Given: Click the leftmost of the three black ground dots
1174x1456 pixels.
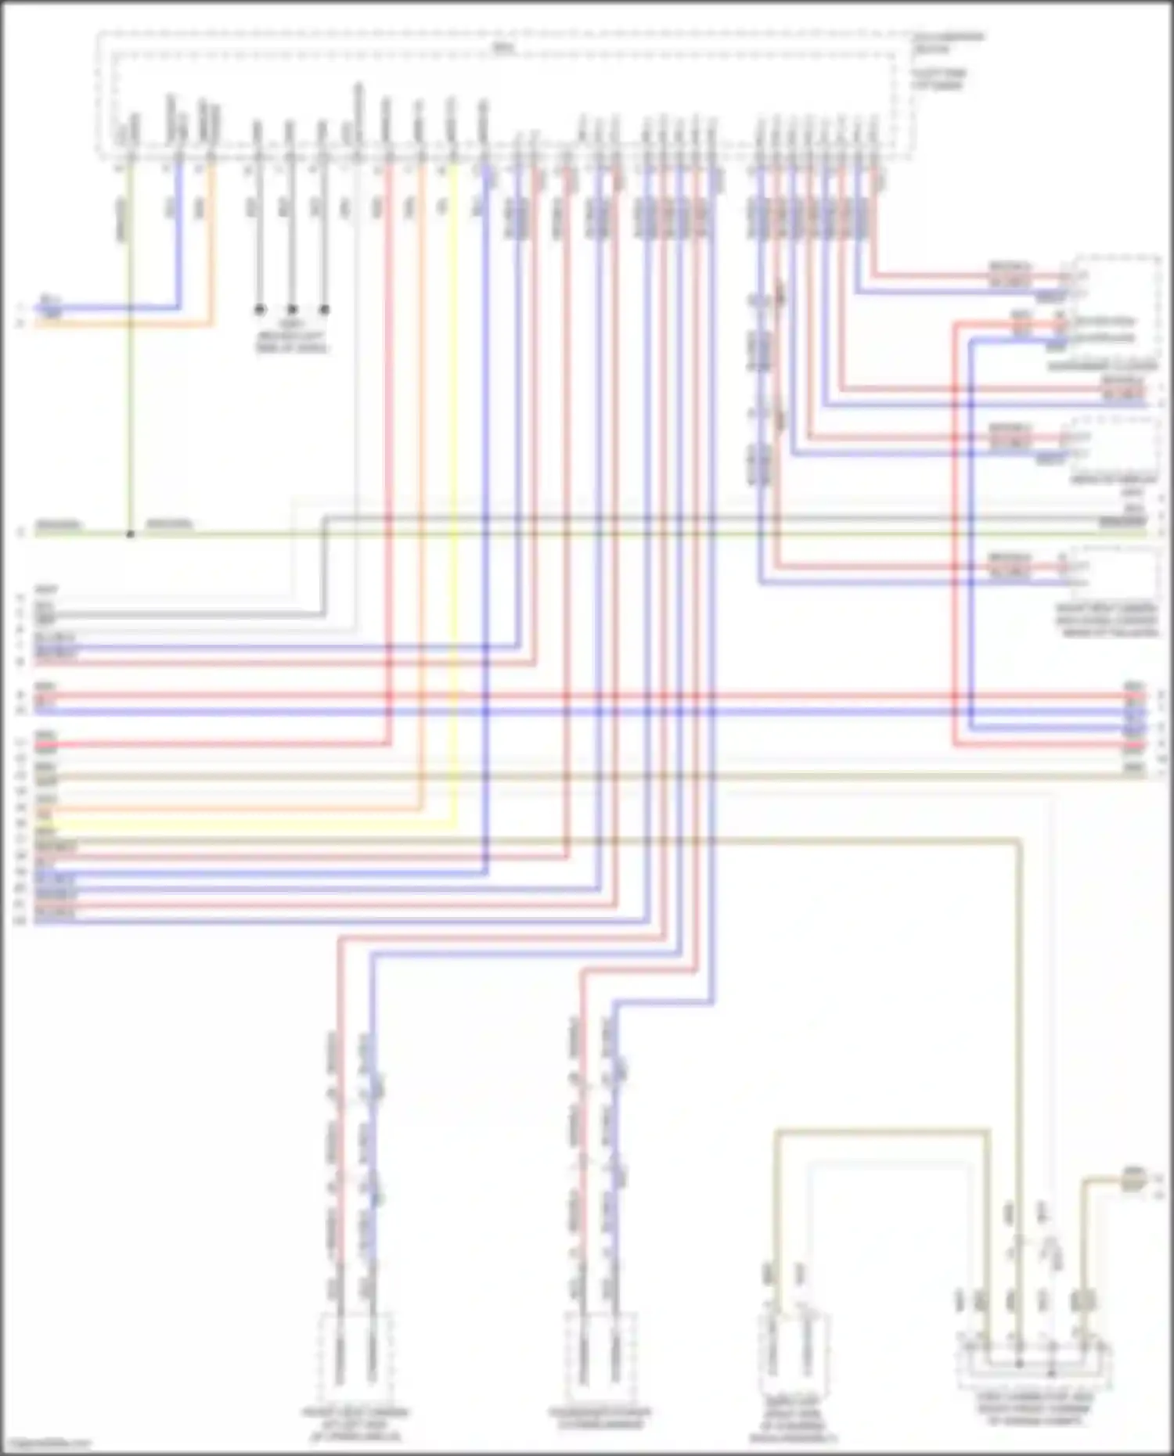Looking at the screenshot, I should (260, 310).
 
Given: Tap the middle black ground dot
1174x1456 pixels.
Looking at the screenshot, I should (292, 310).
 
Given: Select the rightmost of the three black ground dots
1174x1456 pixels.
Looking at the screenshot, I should (324, 310).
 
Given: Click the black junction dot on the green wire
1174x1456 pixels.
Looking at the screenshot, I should (131, 534).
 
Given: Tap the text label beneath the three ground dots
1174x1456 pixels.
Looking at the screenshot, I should (292, 336).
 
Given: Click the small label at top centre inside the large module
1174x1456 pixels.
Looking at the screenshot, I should (501, 48).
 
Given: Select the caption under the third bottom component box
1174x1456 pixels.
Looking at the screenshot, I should (792, 1425).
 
